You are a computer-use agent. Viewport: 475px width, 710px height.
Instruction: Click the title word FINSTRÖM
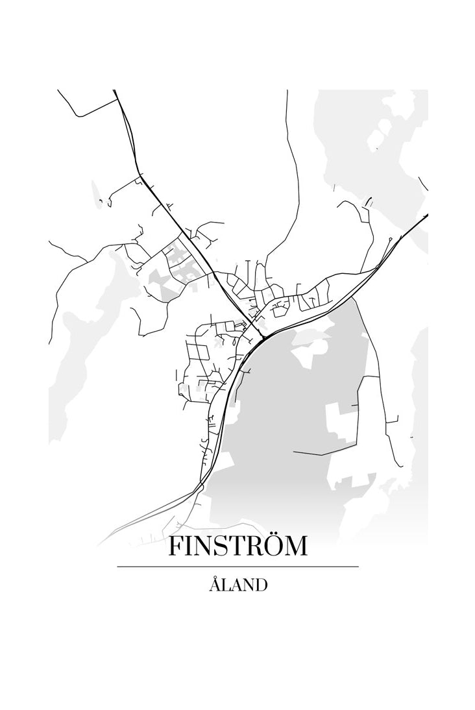[237, 546]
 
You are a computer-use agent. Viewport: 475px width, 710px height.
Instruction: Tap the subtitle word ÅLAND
[238, 584]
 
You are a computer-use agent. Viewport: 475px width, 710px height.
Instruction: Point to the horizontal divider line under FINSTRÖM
[237, 567]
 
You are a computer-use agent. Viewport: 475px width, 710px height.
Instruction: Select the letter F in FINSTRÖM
[176, 546]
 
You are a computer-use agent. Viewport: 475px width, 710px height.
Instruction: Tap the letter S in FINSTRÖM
[214, 546]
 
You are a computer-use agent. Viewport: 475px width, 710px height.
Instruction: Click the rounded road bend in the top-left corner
[78, 114]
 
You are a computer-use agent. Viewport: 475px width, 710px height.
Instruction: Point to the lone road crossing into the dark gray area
[324, 452]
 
